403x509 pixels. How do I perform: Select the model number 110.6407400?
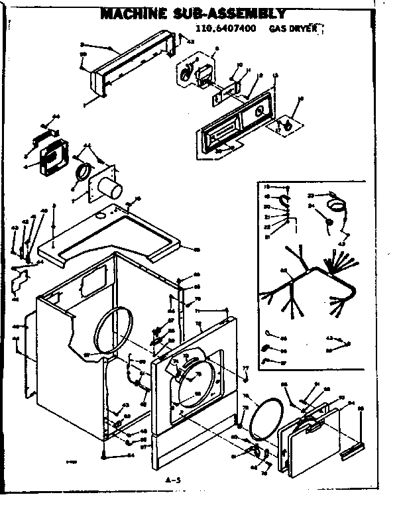click(225, 29)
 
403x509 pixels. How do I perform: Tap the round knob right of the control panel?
click(290, 123)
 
